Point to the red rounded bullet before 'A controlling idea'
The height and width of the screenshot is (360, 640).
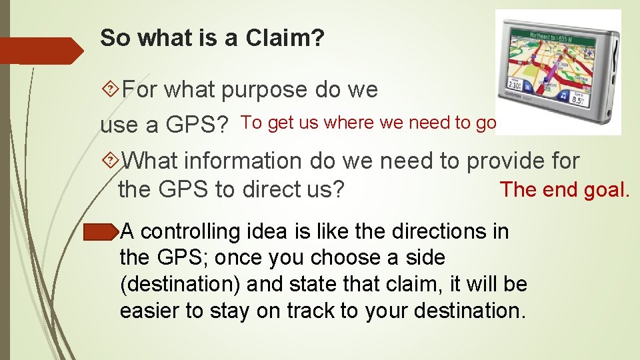[101, 231]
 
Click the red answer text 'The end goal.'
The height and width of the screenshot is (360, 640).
[564, 190]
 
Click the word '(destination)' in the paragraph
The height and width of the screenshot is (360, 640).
[180, 284]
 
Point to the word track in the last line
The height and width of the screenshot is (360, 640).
[314, 310]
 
